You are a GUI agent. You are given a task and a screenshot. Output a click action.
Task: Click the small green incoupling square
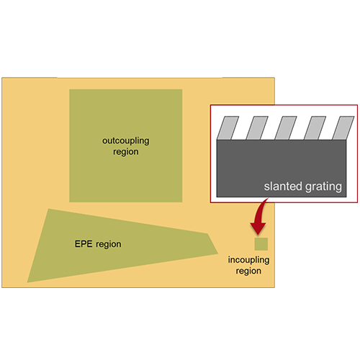[261, 244]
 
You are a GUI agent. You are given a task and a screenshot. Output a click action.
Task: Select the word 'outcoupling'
[126, 141]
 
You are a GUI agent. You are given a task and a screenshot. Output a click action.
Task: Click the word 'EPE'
[84, 244]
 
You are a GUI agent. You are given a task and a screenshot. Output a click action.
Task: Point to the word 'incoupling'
[248, 260]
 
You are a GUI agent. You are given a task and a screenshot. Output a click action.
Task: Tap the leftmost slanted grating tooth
[228, 128]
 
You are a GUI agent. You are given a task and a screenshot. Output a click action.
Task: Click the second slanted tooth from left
[257, 128]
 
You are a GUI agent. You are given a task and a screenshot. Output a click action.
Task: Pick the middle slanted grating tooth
[286, 128]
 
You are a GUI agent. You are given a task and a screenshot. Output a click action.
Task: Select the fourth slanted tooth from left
[315, 128]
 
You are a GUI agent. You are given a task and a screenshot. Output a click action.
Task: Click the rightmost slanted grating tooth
[343, 128]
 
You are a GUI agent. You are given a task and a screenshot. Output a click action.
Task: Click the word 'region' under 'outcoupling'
[126, 152]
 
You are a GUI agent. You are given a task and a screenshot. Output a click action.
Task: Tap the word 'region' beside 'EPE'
[109, 245]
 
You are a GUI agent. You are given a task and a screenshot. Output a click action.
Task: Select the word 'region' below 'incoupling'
[248, 271]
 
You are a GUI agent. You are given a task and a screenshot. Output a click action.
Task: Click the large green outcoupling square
[126, 145]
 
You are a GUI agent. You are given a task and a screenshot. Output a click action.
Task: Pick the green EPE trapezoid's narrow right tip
[218, 253]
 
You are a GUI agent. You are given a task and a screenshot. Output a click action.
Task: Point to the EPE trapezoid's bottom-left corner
[27, 282]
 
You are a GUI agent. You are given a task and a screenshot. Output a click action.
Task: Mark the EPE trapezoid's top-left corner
[49, 209]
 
